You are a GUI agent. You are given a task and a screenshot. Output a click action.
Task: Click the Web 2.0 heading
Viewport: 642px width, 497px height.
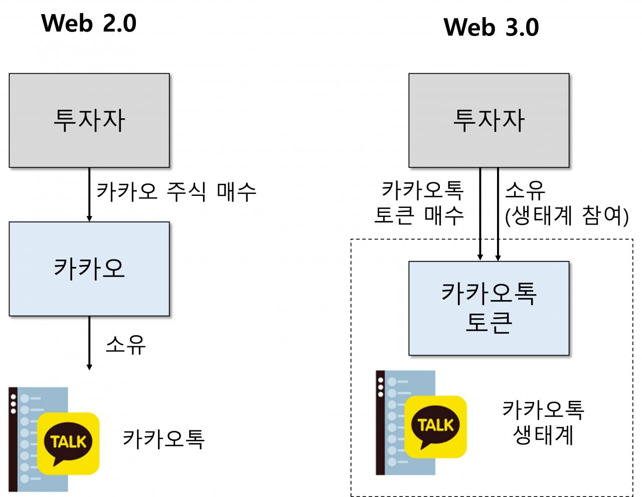[89, 24]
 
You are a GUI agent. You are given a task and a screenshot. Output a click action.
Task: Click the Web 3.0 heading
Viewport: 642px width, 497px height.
[491, 27]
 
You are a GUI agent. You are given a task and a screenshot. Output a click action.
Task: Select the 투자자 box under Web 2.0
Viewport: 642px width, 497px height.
[89, 120]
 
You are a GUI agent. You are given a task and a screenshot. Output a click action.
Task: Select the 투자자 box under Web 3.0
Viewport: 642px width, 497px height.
[489, 120]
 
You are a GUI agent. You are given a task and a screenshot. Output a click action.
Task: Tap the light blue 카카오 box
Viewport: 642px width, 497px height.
[89, 269]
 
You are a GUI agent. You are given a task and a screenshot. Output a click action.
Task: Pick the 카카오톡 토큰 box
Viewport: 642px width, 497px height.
[489, 308]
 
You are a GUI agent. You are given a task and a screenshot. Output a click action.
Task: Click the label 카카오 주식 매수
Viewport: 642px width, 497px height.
[176, 191]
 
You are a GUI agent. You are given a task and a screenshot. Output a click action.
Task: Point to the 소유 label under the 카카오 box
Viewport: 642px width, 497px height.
[125, 345]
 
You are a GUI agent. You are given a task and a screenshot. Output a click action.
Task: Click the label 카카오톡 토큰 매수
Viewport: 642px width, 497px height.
[420, 202]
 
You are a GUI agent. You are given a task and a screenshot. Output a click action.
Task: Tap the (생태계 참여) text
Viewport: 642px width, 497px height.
[567, 215]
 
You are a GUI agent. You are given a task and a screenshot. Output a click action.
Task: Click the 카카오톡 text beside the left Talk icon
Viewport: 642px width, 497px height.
[164, 439]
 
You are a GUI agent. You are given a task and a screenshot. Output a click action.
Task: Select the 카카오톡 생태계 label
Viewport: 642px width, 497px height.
[543, 422]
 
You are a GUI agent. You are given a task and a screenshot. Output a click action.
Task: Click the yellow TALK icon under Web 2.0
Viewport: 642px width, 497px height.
[68, 443]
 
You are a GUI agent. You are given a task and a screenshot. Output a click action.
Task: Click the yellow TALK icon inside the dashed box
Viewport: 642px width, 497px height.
[435, 426]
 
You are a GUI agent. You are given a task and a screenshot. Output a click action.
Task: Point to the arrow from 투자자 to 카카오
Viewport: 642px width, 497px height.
[89, 194]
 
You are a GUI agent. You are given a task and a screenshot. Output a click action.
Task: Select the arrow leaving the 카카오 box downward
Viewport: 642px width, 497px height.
[89, 343]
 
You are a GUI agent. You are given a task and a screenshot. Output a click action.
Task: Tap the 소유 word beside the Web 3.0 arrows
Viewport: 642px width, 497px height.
[525, 190]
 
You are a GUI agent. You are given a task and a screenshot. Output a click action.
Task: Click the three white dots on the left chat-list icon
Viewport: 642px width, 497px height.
[14, 404]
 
